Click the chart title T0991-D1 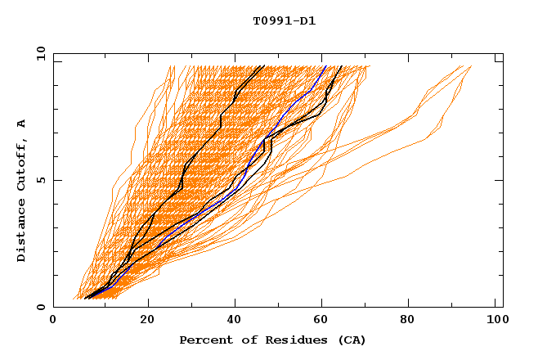pos(284,21)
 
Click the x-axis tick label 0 pos(53,321)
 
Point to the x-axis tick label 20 pos(147,321)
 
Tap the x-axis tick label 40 pos(235,321)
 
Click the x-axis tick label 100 pos(497,321)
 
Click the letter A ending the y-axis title pos(22,124)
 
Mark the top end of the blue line pos(325,66)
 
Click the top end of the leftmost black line pos(263,66)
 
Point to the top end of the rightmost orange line pos(471,66)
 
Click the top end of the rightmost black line pos(343,66)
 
